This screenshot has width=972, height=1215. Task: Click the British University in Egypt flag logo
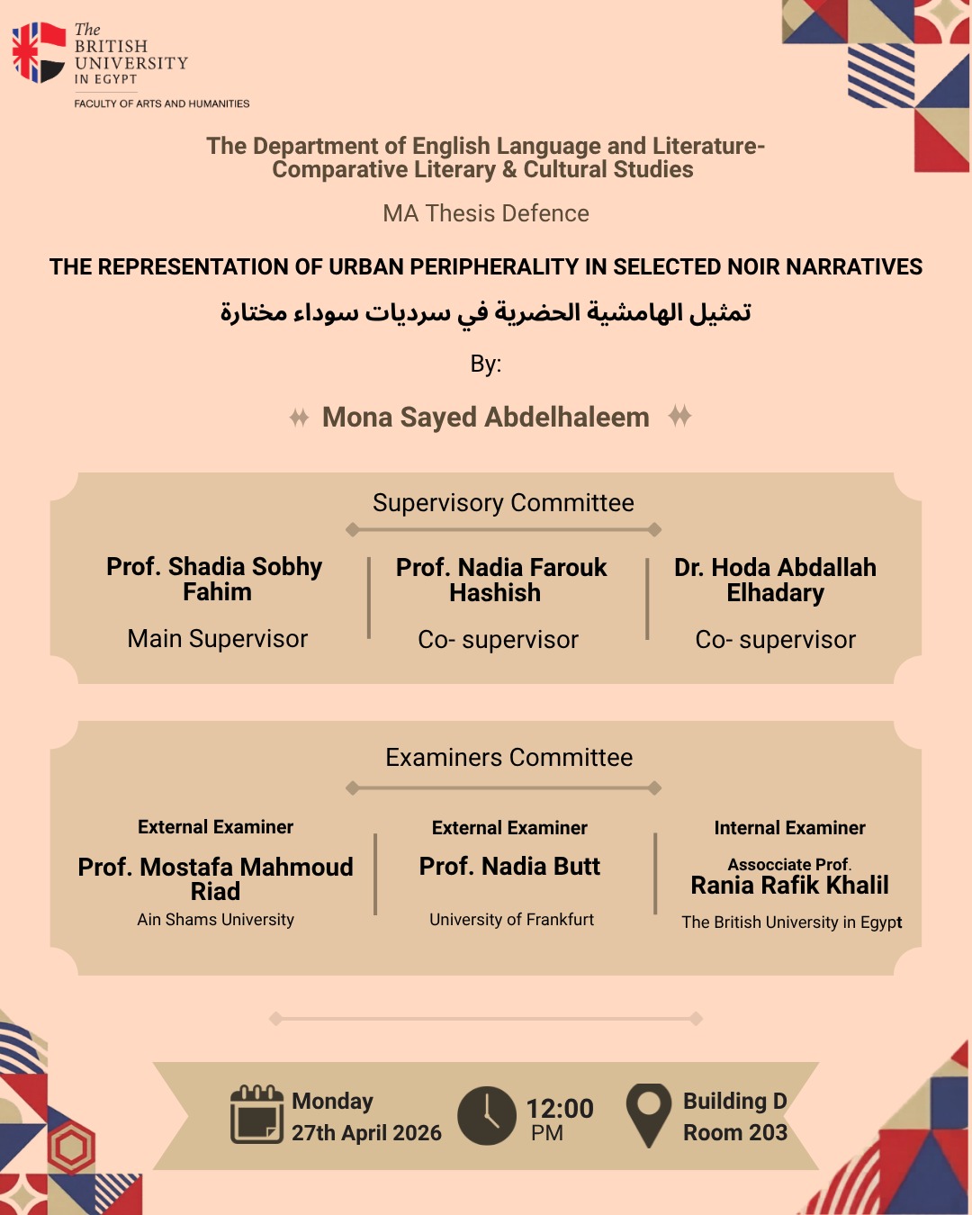point(39,52)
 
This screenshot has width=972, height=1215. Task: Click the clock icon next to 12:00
point(486,1116)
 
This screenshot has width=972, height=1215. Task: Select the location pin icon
point(648,1113)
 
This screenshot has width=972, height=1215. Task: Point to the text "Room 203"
point(734,1132)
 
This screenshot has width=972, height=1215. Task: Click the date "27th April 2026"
point(366,1132)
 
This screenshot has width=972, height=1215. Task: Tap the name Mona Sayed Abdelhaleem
point(486,417)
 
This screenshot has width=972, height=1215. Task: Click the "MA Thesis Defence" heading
point(486,213)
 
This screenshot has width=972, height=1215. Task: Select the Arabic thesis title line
point(486,312)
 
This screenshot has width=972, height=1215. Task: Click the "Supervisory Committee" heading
point(503,502)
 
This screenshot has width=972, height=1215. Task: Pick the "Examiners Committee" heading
point(508,757)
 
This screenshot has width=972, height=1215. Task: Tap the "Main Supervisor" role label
point(218,638)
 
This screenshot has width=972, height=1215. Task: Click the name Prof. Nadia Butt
point(509,866)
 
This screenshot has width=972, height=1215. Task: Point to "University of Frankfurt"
point(511,919)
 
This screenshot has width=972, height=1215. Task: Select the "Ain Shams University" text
point(216,919)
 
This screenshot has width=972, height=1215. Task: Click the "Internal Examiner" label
point(789,827)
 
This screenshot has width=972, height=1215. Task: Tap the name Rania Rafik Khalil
point(789,886)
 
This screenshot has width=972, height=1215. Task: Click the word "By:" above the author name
point(486,364)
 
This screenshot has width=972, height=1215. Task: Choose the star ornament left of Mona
point(299,418)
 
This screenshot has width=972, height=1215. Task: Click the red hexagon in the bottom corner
point(71,1148)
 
